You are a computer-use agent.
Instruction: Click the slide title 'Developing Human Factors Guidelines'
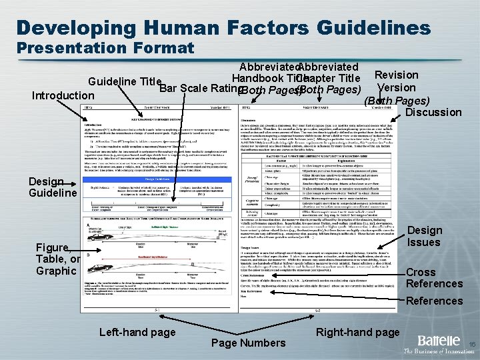pyautogui.click(x=223, y=27)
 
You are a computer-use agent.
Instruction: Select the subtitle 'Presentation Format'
pyautogui.click(x=105, y=48)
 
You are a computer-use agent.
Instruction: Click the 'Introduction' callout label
pyautogui.click(x=63, y=95)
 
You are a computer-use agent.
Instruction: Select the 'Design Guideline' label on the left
pyautogui.click(x=53, y=187)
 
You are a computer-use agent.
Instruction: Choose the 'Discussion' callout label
pyautogui.click(x=433, y=112)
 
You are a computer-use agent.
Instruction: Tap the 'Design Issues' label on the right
pyautogui.click(x=425, y=236)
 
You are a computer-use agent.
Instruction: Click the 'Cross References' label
pyautogui.click(x=434, y=278)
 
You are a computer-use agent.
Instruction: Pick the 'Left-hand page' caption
pyautogui.click(x=137, y=332)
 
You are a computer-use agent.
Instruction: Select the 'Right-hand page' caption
pyautogui.click(x=358, y=332)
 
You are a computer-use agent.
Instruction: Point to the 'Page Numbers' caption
pyautogui.click(x=247, y=343)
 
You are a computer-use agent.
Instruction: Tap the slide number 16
pyautogui.click(x=471, y=345)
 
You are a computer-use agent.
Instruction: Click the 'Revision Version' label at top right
pyautogui.click(x=397, y=81)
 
